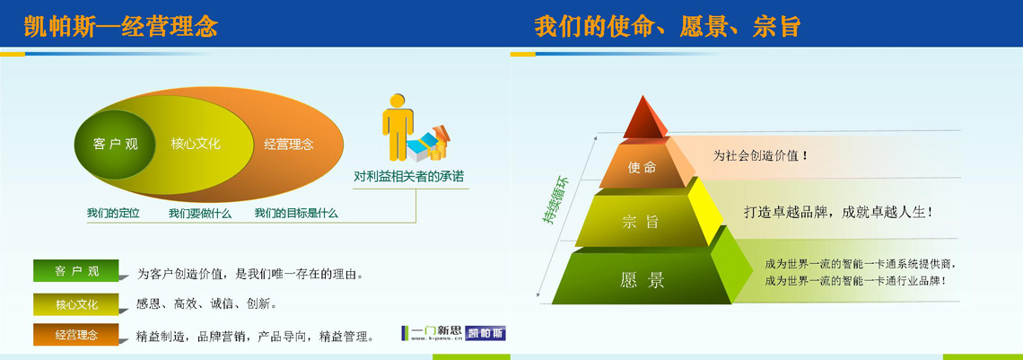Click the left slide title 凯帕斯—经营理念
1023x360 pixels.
pos(120,27)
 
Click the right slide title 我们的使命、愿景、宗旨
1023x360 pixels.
pos(667,27)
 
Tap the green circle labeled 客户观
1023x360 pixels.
pos(115,145)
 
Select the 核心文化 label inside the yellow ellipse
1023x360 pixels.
pos(196,144)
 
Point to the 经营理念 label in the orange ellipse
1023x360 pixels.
pos(289,145)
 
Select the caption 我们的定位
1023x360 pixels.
pos(114,214)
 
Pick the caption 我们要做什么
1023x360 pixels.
pos(200,214)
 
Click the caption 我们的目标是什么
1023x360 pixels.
pos(296,214)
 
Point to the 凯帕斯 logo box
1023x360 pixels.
pos(486,333)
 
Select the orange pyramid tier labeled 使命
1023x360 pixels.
pos(643,166)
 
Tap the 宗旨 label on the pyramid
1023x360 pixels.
pos(641,222)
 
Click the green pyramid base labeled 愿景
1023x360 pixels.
pos(642,279)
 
